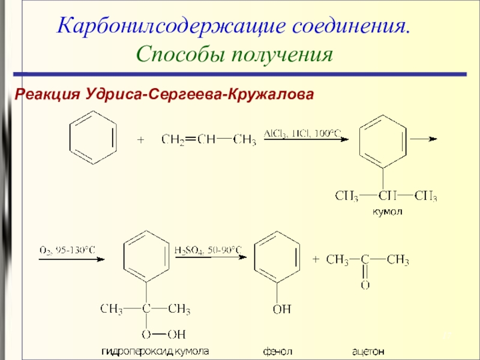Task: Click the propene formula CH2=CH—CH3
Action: coord(209,140)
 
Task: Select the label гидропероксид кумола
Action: coord(157,350)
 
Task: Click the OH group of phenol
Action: coord(281,310)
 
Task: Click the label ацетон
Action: coord(368,350)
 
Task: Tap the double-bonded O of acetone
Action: coord(365,285)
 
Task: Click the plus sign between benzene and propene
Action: coord(141,140)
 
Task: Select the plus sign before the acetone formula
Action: coord(316,260)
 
